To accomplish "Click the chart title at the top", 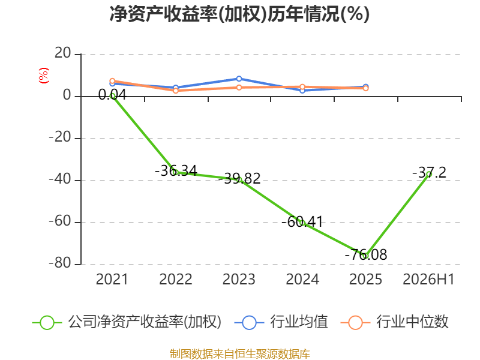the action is tap(239, 14).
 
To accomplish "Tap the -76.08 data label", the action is tap(366, 254).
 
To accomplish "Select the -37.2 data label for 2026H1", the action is tap(429, 172).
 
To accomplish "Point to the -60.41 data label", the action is tap(302, 221).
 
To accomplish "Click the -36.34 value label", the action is tap(176, 170).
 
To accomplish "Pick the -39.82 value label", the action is tap(239, 178).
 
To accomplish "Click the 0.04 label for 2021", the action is tap(112, 95).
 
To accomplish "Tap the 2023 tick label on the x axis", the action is tap(239, 279).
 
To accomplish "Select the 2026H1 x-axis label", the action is tap(428, 279).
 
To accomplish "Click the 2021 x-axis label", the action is tap(112, 279).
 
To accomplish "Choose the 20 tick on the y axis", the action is tap(63, 53).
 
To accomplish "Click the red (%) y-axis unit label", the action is tap(43, 76).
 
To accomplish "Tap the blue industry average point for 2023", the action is tap(239, 79).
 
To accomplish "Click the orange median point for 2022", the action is tap(176, 91).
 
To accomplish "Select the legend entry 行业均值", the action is tap(281, 322).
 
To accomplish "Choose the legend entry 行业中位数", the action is tap(395, 322).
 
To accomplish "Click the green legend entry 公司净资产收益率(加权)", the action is tap(127, 322).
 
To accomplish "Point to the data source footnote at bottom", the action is tap(240, 354).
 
